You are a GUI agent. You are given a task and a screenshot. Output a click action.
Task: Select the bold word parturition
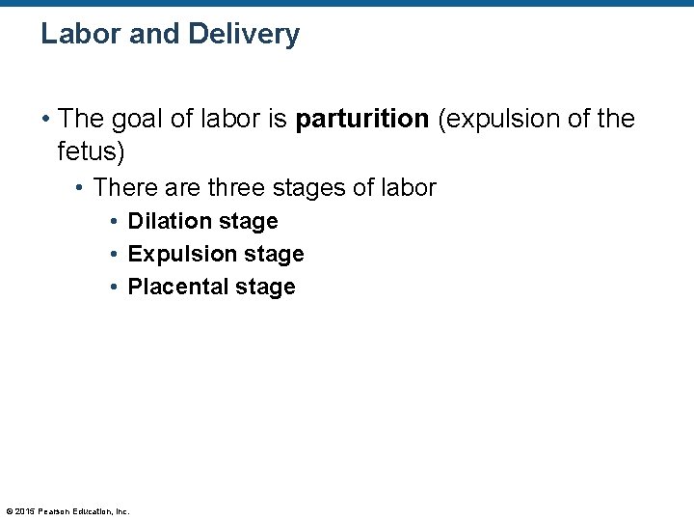click(361, 120)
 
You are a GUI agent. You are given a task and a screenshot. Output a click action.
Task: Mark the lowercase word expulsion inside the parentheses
click(494, 120)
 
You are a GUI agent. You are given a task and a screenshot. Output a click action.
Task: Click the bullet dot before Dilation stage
click(114, 222)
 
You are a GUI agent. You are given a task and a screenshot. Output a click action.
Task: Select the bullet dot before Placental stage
click(114, 288)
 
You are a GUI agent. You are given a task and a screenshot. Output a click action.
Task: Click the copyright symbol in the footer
click(9, 511)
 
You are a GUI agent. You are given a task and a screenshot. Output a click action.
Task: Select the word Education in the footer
click(90, 511)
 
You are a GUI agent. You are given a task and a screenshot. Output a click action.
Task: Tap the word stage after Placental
click(271, 287)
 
